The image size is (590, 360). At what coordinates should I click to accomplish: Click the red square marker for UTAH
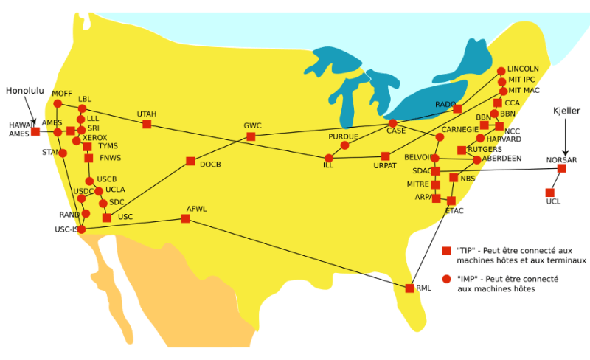click(x=147, y=125)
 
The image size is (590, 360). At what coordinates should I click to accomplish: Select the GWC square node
click(x=251, y=136)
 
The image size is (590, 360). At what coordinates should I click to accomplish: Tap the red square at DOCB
click(x=190, y=161)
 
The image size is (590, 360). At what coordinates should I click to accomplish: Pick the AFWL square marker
click(x=185, y=218)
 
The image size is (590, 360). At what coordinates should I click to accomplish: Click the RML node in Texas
click(x=410, y=288)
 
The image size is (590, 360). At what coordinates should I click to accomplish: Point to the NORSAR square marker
click(x=562, y=169)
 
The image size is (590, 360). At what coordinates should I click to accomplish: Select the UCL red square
click(x=550, y=193)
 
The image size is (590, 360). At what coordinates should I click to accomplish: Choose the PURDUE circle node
click(x=344, y=145)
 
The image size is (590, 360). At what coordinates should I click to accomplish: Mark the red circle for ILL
click(x=329, y=158)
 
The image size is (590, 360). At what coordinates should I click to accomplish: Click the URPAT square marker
click(x=385, y=156)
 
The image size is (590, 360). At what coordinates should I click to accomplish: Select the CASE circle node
click(x=393, y=123)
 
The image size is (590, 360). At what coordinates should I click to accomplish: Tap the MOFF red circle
click(x=58, y=103)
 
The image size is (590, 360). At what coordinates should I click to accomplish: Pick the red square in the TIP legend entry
click(x=446, y=252)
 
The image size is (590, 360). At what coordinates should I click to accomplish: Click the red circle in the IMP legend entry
click(x=446, y=280)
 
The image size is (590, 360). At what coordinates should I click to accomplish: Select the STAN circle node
click(x=63, y=153)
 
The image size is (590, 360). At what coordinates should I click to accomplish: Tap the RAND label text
click(x=69, y=215)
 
